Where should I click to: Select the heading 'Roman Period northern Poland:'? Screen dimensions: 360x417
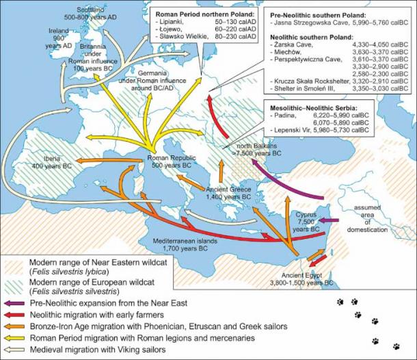click(x=198, y=14)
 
